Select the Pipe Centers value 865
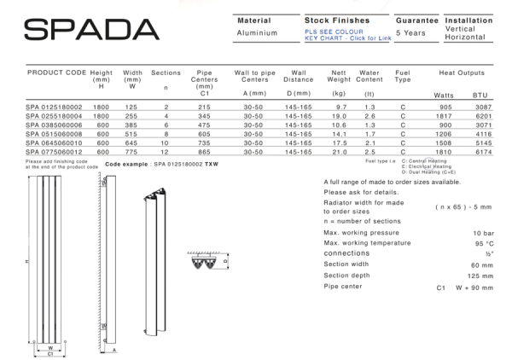[x=203, y=152]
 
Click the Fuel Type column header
[x=404, y=79]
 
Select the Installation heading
[x=468, y=20]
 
